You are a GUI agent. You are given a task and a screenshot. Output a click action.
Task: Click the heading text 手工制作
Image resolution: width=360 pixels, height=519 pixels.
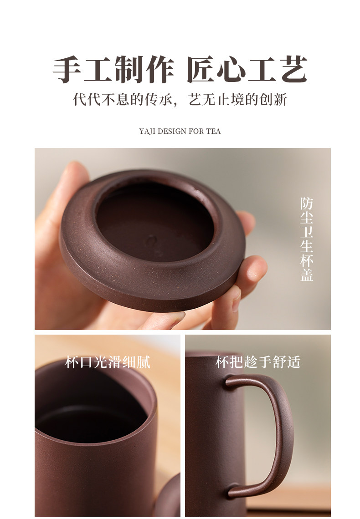(113, 70)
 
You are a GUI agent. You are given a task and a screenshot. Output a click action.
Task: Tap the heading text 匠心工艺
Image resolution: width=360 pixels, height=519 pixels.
(247, 70)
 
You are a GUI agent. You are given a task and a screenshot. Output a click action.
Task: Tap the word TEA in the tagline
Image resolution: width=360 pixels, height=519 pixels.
(213, 132)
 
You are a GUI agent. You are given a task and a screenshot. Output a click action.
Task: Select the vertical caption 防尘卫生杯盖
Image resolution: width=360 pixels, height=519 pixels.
(307, 239)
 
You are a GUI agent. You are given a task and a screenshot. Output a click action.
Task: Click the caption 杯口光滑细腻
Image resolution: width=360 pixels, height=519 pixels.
(108, 362)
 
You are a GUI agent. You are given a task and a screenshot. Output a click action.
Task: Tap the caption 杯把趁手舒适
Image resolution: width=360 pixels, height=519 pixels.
(258, 362)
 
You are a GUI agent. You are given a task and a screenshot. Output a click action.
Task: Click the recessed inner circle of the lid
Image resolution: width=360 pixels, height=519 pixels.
(155, 223)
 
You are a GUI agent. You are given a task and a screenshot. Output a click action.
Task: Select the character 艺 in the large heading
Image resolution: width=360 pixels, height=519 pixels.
(294, 70)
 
